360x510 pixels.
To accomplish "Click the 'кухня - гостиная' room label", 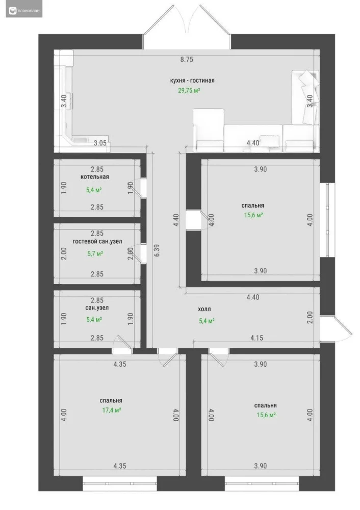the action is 192,81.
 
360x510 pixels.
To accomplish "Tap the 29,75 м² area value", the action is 189,90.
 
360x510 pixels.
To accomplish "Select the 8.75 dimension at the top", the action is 187,59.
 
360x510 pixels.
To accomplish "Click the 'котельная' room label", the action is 95,176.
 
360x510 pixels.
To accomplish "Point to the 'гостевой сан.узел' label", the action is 97,242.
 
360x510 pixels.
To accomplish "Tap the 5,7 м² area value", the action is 95,253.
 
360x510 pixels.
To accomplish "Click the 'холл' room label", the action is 204,310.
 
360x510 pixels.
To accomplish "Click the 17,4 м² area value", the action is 112,410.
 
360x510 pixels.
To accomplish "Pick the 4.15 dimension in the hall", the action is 256,338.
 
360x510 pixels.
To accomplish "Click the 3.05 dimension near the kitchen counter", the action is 100,143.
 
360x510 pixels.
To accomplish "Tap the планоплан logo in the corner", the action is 24,11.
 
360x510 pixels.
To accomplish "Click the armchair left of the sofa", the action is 209,130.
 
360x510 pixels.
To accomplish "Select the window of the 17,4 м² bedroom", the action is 120,483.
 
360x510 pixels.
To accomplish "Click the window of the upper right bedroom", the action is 327,220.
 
